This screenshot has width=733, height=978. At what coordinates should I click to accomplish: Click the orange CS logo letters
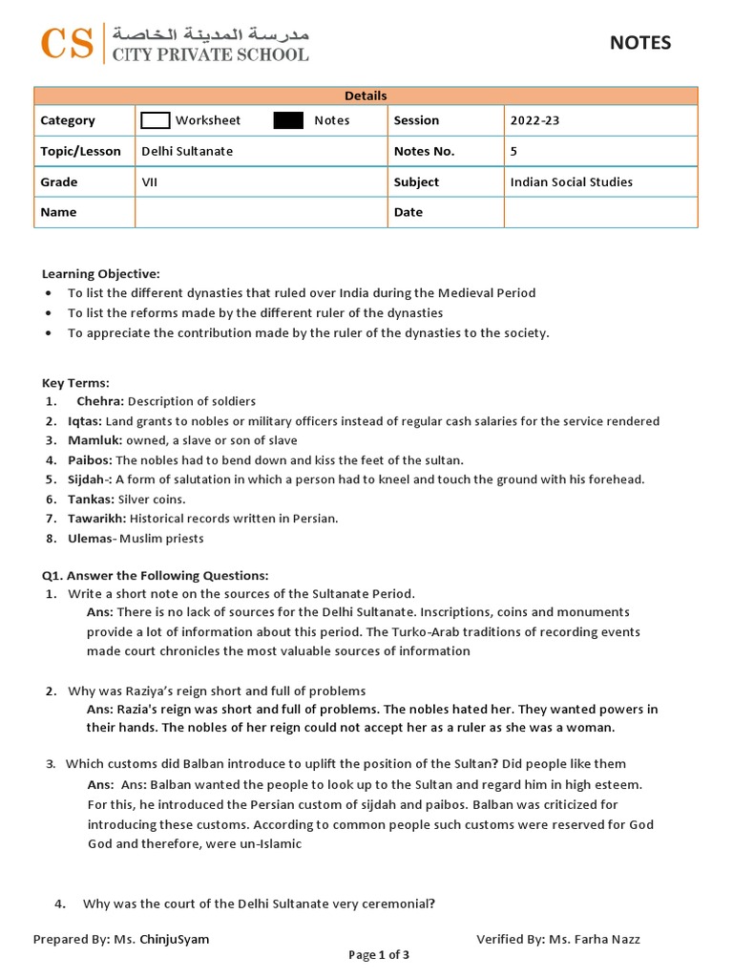[67, 44]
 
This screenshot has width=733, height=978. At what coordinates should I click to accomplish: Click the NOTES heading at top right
[640, 43]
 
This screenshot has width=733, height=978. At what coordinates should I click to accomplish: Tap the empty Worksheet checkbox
[155, 120]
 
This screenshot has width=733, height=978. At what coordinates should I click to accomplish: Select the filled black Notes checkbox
[288, 120]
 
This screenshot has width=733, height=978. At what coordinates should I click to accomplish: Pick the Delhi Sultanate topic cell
[187, 151]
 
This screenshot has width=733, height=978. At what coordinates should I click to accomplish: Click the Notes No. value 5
[514, 151]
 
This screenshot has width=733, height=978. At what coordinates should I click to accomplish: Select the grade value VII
[150, 181]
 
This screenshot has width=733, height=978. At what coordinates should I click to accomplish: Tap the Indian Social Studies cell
[571, 181]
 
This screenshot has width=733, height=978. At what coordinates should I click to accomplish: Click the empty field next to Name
[261, 212]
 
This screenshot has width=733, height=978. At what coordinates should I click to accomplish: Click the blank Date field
[600, 212]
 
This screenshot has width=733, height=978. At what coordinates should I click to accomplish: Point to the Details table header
[366, 96]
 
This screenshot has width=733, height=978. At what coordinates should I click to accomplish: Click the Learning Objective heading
[100, 274]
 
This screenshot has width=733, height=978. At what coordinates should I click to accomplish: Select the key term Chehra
[100, 401]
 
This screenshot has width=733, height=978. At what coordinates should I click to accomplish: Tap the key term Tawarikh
[96, 519]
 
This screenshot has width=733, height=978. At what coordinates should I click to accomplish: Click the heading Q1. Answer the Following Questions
[155, 575]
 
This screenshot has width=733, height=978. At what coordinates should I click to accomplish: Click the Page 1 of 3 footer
[379, 955]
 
